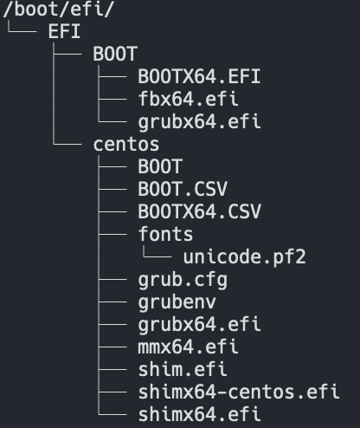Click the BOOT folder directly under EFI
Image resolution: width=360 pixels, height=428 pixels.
115,54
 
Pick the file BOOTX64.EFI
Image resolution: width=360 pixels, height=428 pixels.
199,76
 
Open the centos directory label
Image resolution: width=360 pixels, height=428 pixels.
126,144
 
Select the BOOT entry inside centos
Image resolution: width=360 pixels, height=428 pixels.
160,166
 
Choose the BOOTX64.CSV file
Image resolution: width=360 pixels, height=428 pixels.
199,211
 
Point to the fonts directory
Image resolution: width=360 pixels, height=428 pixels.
165,234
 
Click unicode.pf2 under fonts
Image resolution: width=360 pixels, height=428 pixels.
244,256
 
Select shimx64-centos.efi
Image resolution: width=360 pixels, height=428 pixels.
238,392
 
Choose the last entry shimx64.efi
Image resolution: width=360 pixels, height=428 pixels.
199,414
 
